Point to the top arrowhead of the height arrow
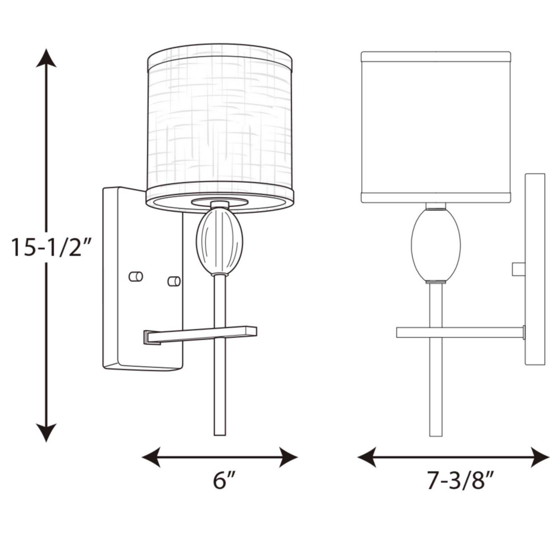[x=46, y=59]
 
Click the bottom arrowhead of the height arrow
[x=46, y=433]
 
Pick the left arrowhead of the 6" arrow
[x=151, y=457]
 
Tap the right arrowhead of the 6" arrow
[x=288, y=457]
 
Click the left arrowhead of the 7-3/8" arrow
[x=367, y=457]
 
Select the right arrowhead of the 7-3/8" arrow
[x=540, y=457]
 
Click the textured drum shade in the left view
[x=220, y=125]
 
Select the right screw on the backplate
[x=174, y=281]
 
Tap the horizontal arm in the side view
[x=460, y=332]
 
